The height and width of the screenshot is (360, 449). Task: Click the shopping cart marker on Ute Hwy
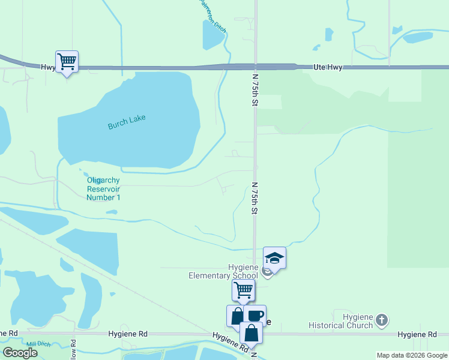[x=67, y=61]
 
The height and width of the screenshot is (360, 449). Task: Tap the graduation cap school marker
[x=274, y=258]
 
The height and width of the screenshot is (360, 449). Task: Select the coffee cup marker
[x=255, y=315]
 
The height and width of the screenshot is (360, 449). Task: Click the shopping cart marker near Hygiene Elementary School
[x=243, y=290]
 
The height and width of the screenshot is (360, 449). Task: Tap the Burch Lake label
[x=127, y=122]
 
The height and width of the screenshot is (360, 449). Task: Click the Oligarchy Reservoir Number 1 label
[x=104, y=188]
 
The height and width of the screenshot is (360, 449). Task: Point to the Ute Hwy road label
[x=327, y=68]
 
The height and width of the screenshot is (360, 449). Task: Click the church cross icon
[x=382, y=320]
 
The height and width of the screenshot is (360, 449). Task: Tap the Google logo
[x=20, y=353]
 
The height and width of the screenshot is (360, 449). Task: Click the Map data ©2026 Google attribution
[x=411, y=355]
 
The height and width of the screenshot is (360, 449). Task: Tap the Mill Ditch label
[x=37, y=344]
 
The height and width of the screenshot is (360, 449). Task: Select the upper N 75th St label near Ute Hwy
[x=255, y=91]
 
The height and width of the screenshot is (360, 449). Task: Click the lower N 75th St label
[x=255, y=199]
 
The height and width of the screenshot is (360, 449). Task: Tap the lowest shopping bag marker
[x=251, y=332]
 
